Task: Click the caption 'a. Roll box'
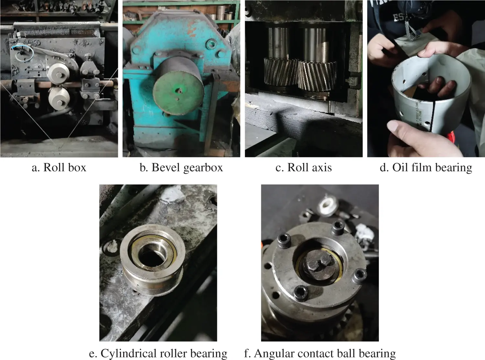click(59, 168)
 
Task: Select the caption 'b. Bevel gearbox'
click(181, 168)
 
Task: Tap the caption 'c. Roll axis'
click(304, 168)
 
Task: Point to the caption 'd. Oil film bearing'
click(426, 168)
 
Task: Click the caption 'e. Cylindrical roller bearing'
click(158, 354)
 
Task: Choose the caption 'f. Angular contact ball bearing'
click(320, 354)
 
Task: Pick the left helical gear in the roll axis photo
click(281, 72)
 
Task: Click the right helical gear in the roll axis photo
click(318, 75)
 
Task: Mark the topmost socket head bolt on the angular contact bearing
click(338, 228)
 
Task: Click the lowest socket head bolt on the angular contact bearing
click(301, 293)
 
